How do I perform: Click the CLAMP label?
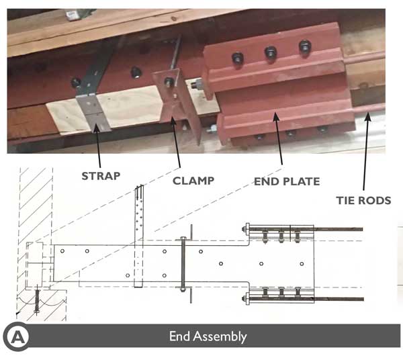[193, 180]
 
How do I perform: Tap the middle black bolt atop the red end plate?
[270, 52]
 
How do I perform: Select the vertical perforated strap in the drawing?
[140, 235]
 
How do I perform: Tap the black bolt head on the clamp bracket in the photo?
[169, 83]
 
